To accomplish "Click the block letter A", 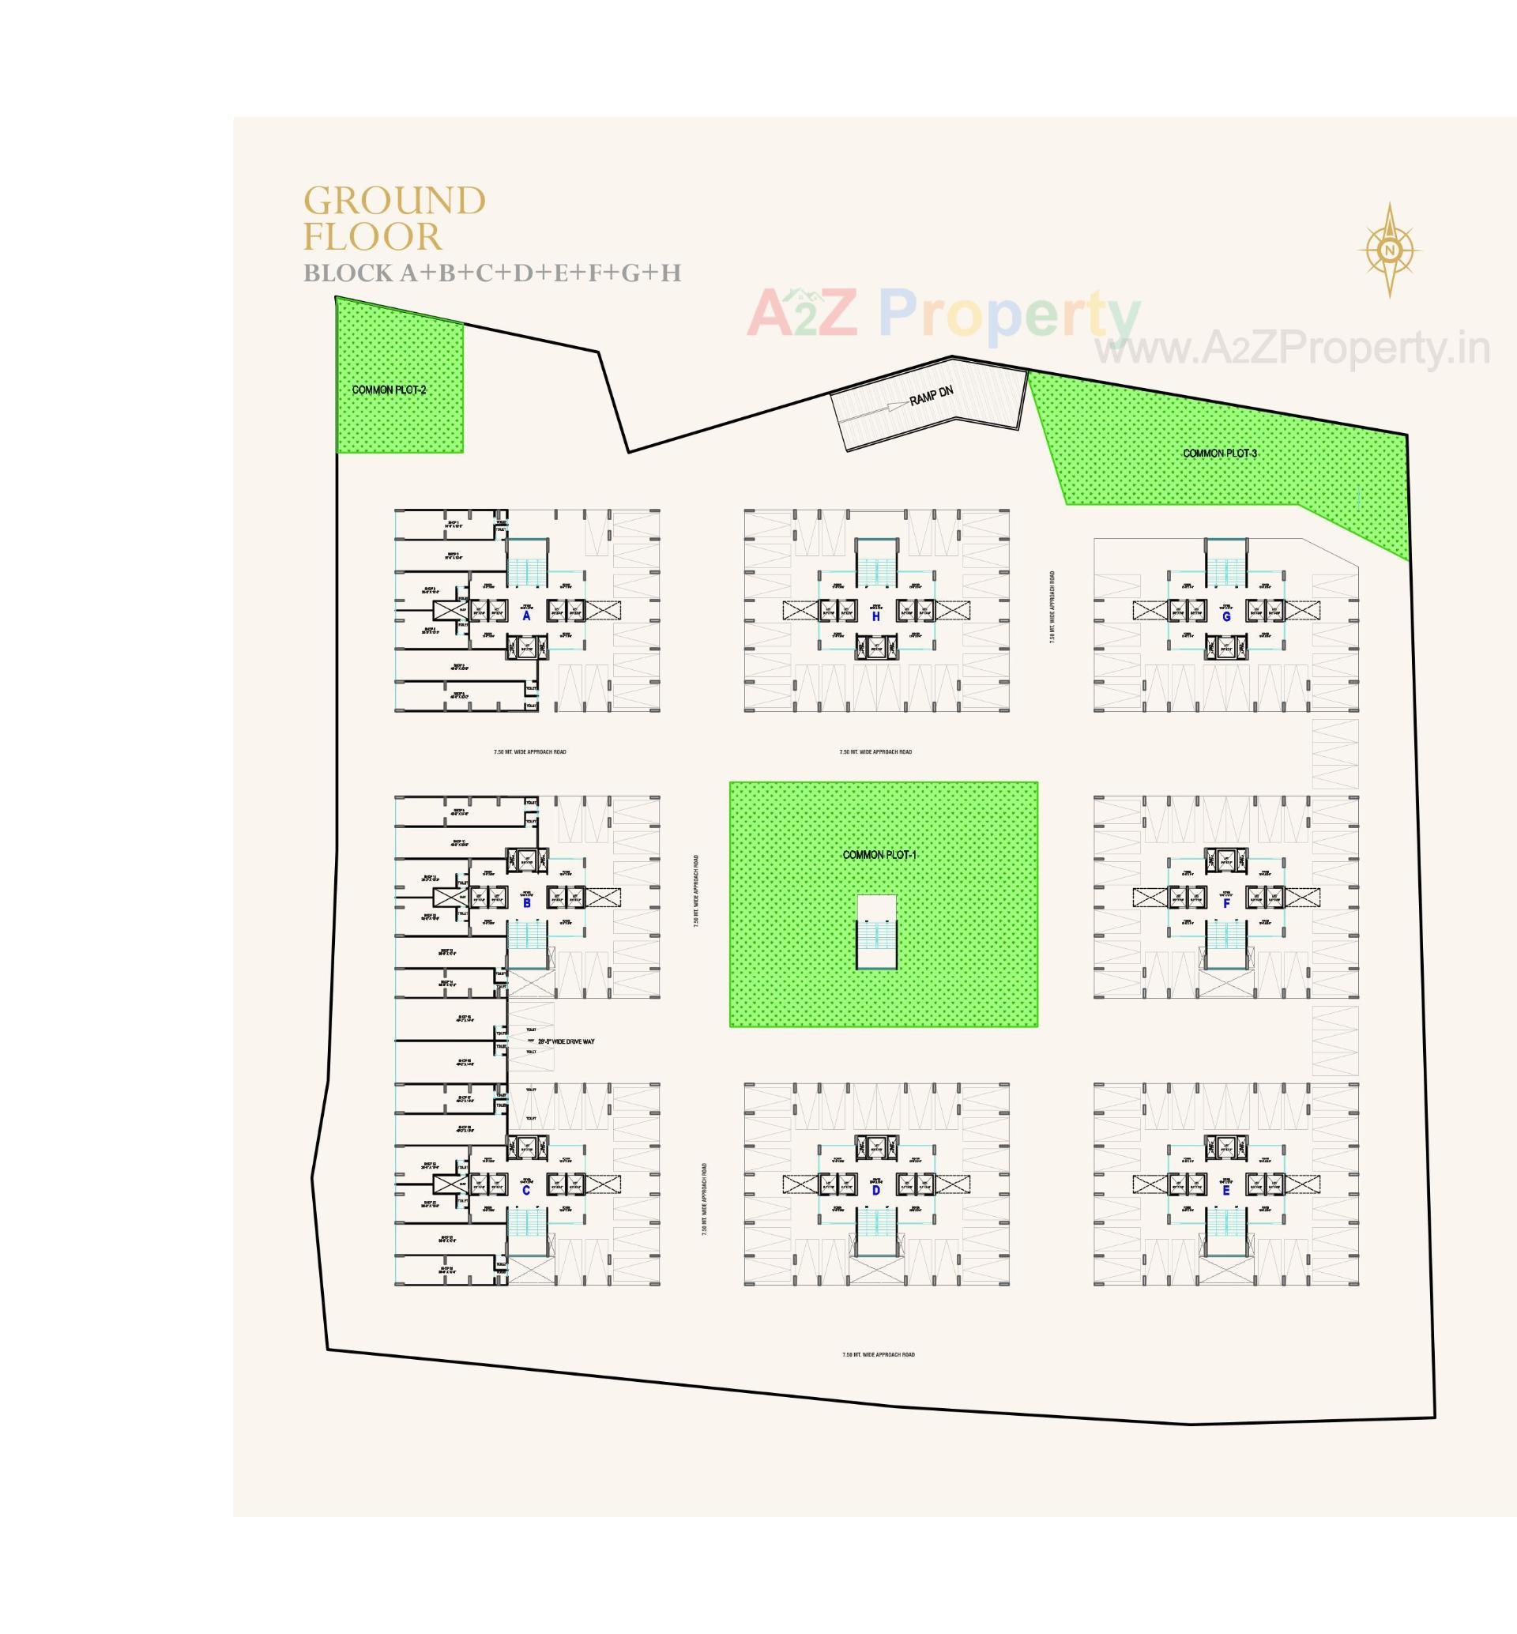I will (526, 616).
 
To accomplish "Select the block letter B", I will (526, 903).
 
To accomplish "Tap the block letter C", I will (526, 1190).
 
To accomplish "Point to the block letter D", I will (876, 1191).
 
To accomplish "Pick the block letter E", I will (1226, 1190).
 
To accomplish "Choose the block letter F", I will (1226, 903).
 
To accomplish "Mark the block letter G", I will (1226, 616).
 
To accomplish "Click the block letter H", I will (876, 616).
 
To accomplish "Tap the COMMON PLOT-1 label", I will (879, 855).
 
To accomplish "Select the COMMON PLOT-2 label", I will (389, 390).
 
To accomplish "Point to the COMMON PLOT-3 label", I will (1220, 454).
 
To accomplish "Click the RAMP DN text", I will (931, 396).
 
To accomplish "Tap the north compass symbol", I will (1389, 250).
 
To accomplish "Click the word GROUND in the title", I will (395, 201).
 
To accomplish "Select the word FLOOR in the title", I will (373, 237).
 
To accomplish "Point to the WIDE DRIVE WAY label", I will (567, 1041).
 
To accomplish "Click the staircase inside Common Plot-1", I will (877, 935).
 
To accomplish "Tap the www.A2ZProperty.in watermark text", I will (1292, 349).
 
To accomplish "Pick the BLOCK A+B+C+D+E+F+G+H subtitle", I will (492, 273).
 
